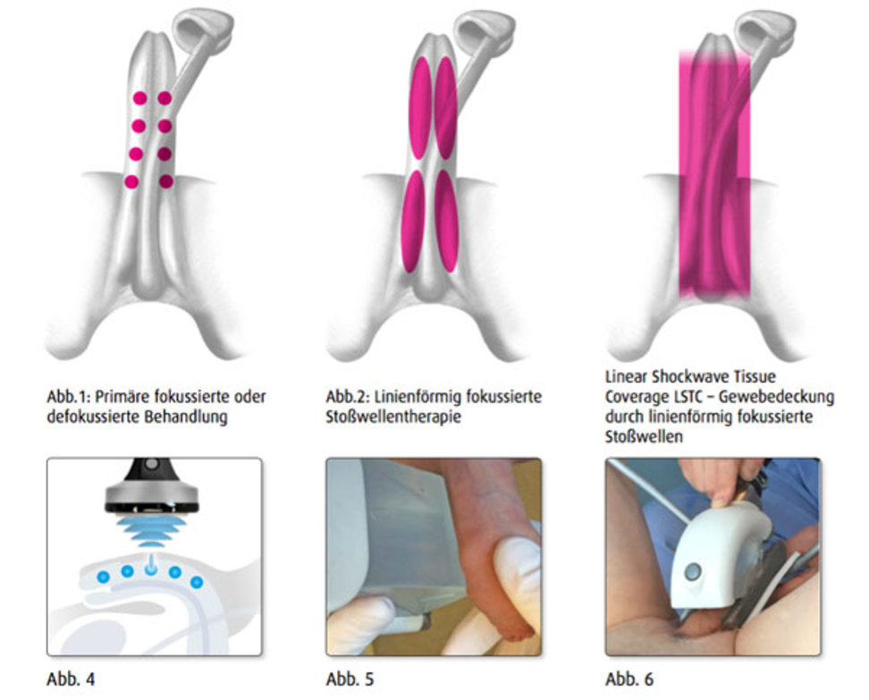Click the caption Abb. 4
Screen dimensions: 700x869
click(71, 679)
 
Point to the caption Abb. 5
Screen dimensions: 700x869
click(350, 679)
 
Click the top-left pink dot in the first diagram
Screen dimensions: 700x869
click(139, 97)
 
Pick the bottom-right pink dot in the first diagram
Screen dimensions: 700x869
click(165, 181)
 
